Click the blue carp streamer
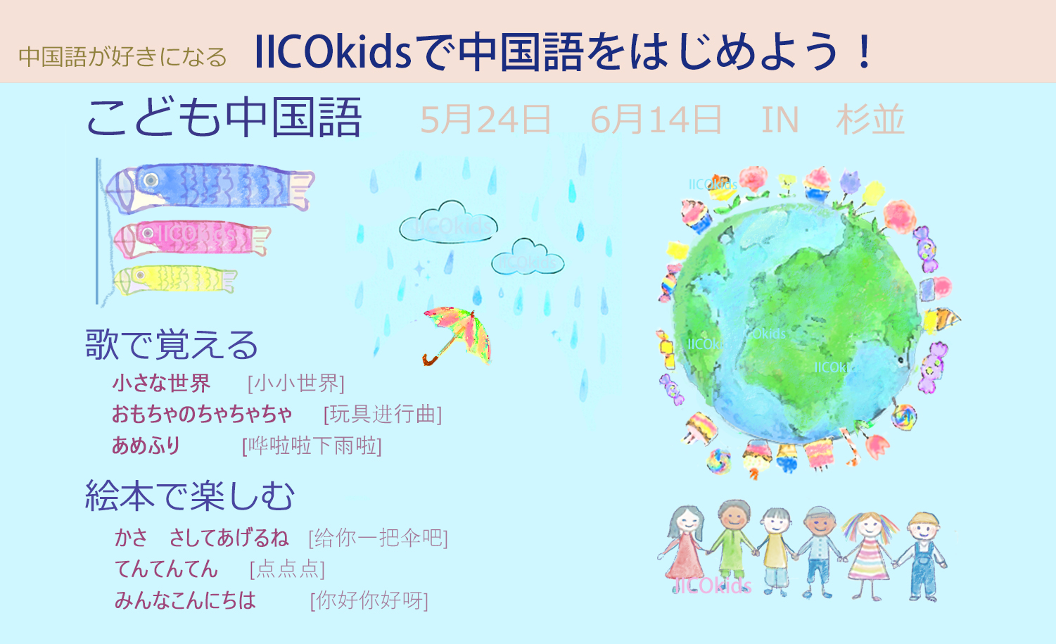tap(210, 187)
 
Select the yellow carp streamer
tap(175, 280)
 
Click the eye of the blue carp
tap(151, 179)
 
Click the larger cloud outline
tap(448, 222)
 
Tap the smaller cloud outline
tap(528, 257)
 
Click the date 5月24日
tap(485, 120)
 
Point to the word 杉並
tap(870, 120)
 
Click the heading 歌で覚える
tap(172, 345)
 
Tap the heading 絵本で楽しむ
tap(190, 496)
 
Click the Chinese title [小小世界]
tap(296, 383)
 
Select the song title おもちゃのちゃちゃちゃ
tap(202, 415)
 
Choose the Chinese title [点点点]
tap(287, 569)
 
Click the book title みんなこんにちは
tap(185, 600)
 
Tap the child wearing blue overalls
tap(922, 557)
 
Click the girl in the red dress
tap(685, 548)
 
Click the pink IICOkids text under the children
tap(713, 586)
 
